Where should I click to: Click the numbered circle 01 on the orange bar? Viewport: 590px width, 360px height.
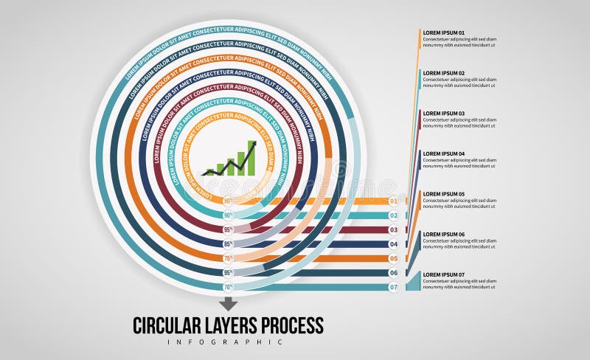[x=394, y=201]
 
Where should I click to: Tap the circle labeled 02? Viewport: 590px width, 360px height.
[x=394, y=215]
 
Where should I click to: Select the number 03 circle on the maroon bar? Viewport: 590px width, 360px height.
[x=394, y=230]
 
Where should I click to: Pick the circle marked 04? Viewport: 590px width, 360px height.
[x=394, y=244]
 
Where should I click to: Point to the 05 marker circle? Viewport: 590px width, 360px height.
[x=394, y=258]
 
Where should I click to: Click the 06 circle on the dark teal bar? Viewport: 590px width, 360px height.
[x=394, y=273]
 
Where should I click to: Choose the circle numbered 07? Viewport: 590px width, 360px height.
[x=394, y=287]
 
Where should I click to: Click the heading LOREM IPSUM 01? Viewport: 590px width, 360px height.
[x=443, y=33]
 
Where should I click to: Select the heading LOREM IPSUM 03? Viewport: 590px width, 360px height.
[x=443, y=114]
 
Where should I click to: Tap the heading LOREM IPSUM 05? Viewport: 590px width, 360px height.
[x=443, y=194]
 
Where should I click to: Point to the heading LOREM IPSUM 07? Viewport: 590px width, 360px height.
[x=443, y=275]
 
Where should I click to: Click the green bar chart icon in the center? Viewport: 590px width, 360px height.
[x=230, y=159]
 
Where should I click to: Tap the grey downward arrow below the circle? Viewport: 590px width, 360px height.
[x=228, y=303]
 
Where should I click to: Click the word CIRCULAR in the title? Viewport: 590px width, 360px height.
[x=171, y=325]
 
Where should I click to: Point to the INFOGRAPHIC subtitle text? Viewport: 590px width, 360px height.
[x=225, y=342]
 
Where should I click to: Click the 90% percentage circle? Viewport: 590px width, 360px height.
[x=228, y=215]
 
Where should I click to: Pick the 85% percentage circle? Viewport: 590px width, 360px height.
[x=228, y=244]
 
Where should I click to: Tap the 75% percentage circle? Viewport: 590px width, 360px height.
[x=228, y=258]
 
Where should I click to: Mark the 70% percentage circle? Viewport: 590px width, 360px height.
[x=228, y=287]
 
